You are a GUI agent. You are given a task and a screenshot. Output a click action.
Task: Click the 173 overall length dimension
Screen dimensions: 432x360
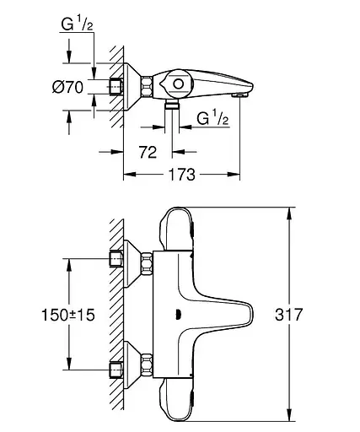[180, 175]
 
